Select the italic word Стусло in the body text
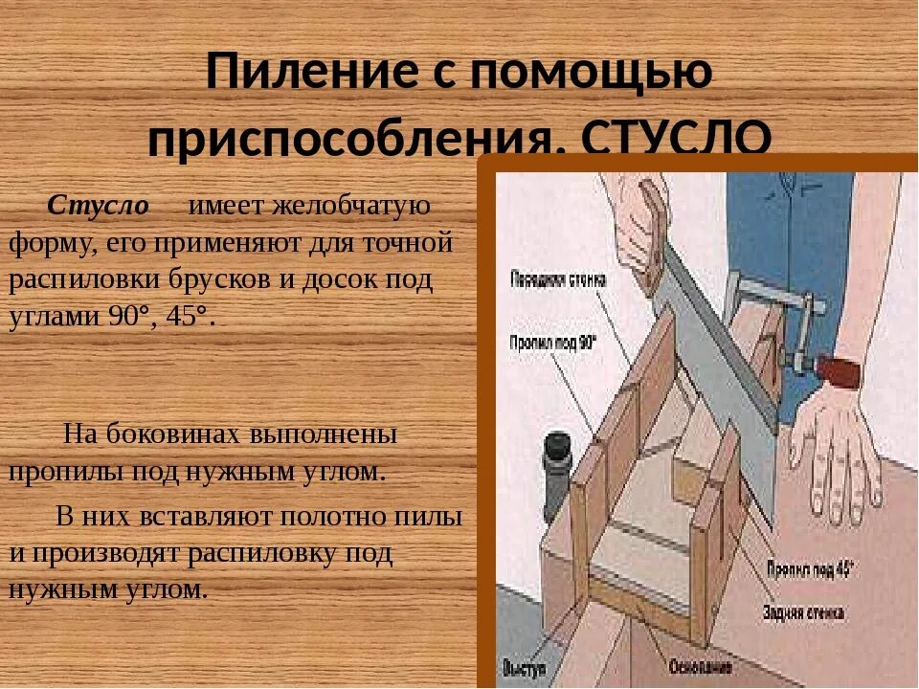click(x=98, y=205)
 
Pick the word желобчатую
click(x=351, y=205)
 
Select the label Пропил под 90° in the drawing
click(x=554, y=342)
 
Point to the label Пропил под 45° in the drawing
click(x=810, y=569)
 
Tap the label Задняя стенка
click(x=804, y=611)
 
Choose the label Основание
click(x=700, y=666)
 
